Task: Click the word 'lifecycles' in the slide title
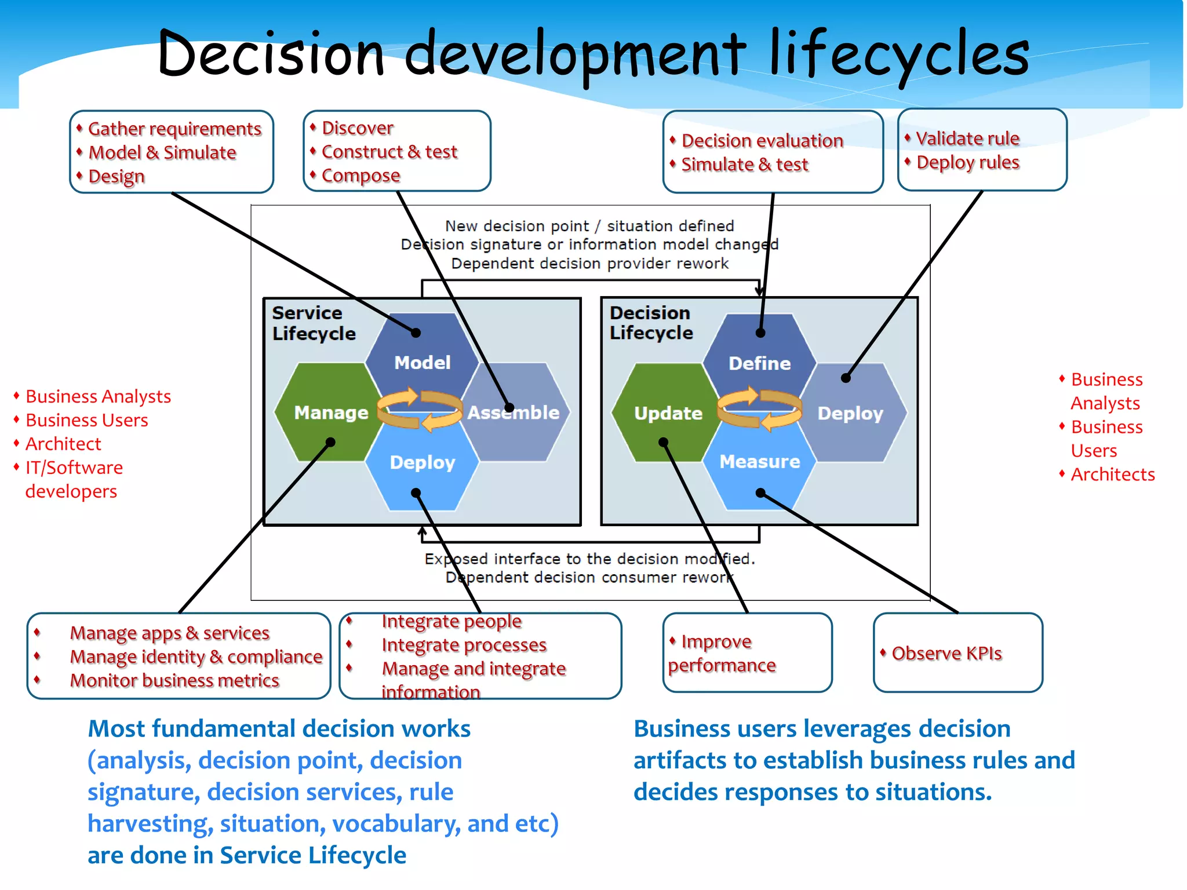coord(898,55)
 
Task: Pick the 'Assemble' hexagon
coord(514,413)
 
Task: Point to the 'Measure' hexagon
coord(759,462)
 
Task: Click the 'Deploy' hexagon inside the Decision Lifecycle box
coord(850,413)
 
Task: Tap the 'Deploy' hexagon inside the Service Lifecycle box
coord(422,462)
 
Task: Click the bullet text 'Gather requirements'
coord(174,129)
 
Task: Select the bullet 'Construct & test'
coord(389,152)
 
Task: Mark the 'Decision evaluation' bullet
coord(762,141)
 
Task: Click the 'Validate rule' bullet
coord(967,138)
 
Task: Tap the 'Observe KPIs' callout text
coord(946,654)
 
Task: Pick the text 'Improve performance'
coord(721,654)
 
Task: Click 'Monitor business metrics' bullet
coord(174,680)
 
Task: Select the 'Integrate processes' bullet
coord(464,645)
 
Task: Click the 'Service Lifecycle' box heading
coord(314,323)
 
